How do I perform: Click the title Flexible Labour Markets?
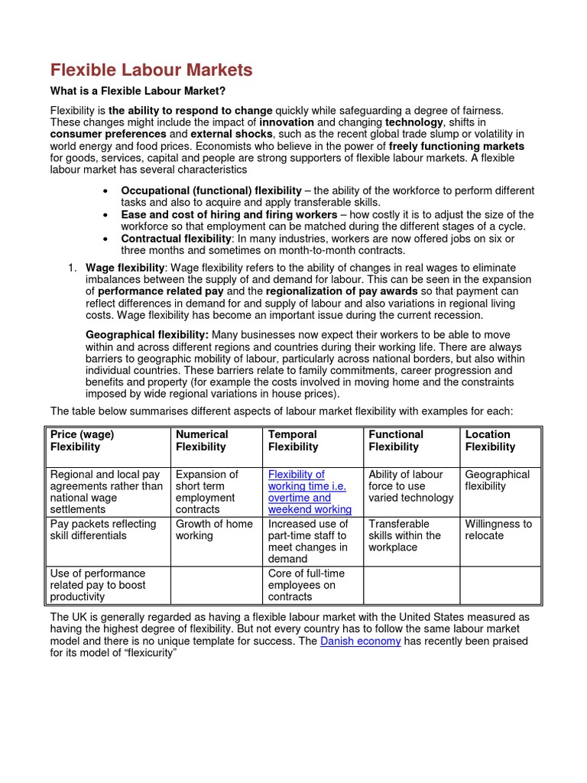[151, 70]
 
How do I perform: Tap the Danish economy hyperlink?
[360, 641]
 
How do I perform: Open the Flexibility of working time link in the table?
[310, 492]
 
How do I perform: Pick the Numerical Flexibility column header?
[202, 440]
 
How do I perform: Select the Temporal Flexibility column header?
[293, 440]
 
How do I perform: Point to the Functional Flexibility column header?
[396, 440]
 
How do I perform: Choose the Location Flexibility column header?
[489, 440]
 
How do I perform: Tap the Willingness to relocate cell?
[498, 530]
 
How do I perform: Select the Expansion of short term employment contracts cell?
[207, 492]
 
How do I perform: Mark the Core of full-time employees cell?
[306, 585]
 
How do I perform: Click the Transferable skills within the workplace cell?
[404, 535]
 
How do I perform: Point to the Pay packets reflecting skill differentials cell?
[102, 530]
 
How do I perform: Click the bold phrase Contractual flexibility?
[175, 239]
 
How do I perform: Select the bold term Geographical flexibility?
[147, 335]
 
